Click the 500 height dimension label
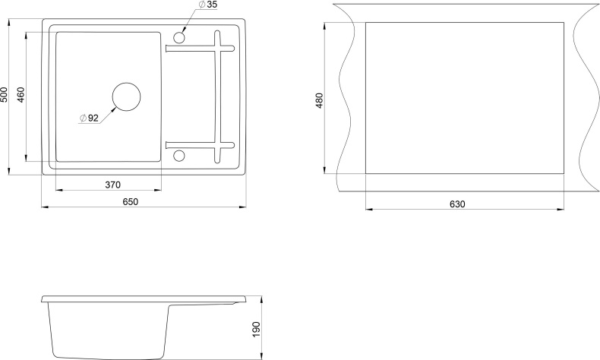5,94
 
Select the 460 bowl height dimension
21,94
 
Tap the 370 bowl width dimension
113,185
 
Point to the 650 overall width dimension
131,201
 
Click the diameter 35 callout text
208,5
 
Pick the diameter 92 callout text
89,118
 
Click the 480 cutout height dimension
320,100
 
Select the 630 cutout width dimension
457,204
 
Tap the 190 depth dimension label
256,330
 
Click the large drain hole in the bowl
126,96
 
